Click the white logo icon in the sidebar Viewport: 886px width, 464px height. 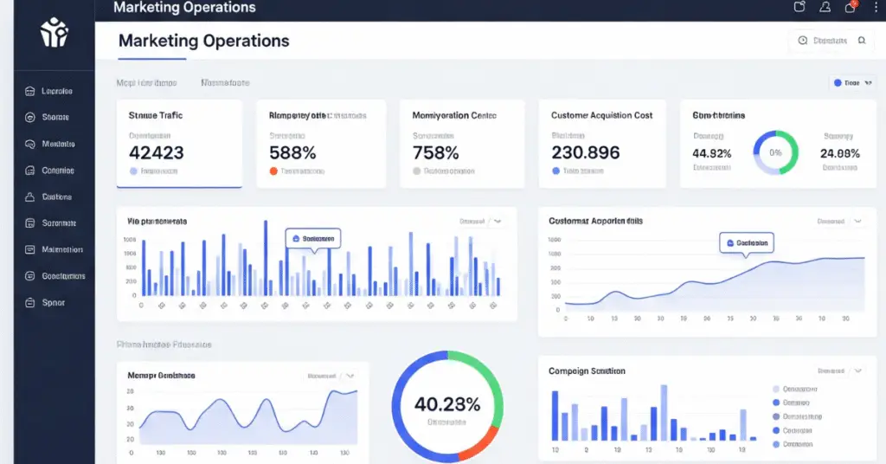point(54,33)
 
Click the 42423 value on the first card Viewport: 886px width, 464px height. point(156,152)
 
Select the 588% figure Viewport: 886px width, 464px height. point(293,152)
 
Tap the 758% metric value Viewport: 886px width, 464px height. point(436,152)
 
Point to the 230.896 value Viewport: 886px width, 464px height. point(586,152)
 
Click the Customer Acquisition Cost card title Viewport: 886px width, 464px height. point(602,115)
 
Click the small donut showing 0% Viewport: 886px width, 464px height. point(775,152)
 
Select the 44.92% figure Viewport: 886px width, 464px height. point(712,153)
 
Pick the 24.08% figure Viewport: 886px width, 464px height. point(839,153)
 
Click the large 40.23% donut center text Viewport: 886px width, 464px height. point(447,403)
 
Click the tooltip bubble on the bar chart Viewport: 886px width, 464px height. point(313,238)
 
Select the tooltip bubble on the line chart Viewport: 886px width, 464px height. point(745,243)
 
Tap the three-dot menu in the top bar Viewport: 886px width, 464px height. point(876,7)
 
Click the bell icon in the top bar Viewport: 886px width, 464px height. point(825,7)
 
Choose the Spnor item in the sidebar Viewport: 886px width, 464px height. point(54,303)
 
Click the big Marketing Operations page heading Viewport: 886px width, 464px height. point(203,41)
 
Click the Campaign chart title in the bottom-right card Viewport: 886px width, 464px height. point(587,371)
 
